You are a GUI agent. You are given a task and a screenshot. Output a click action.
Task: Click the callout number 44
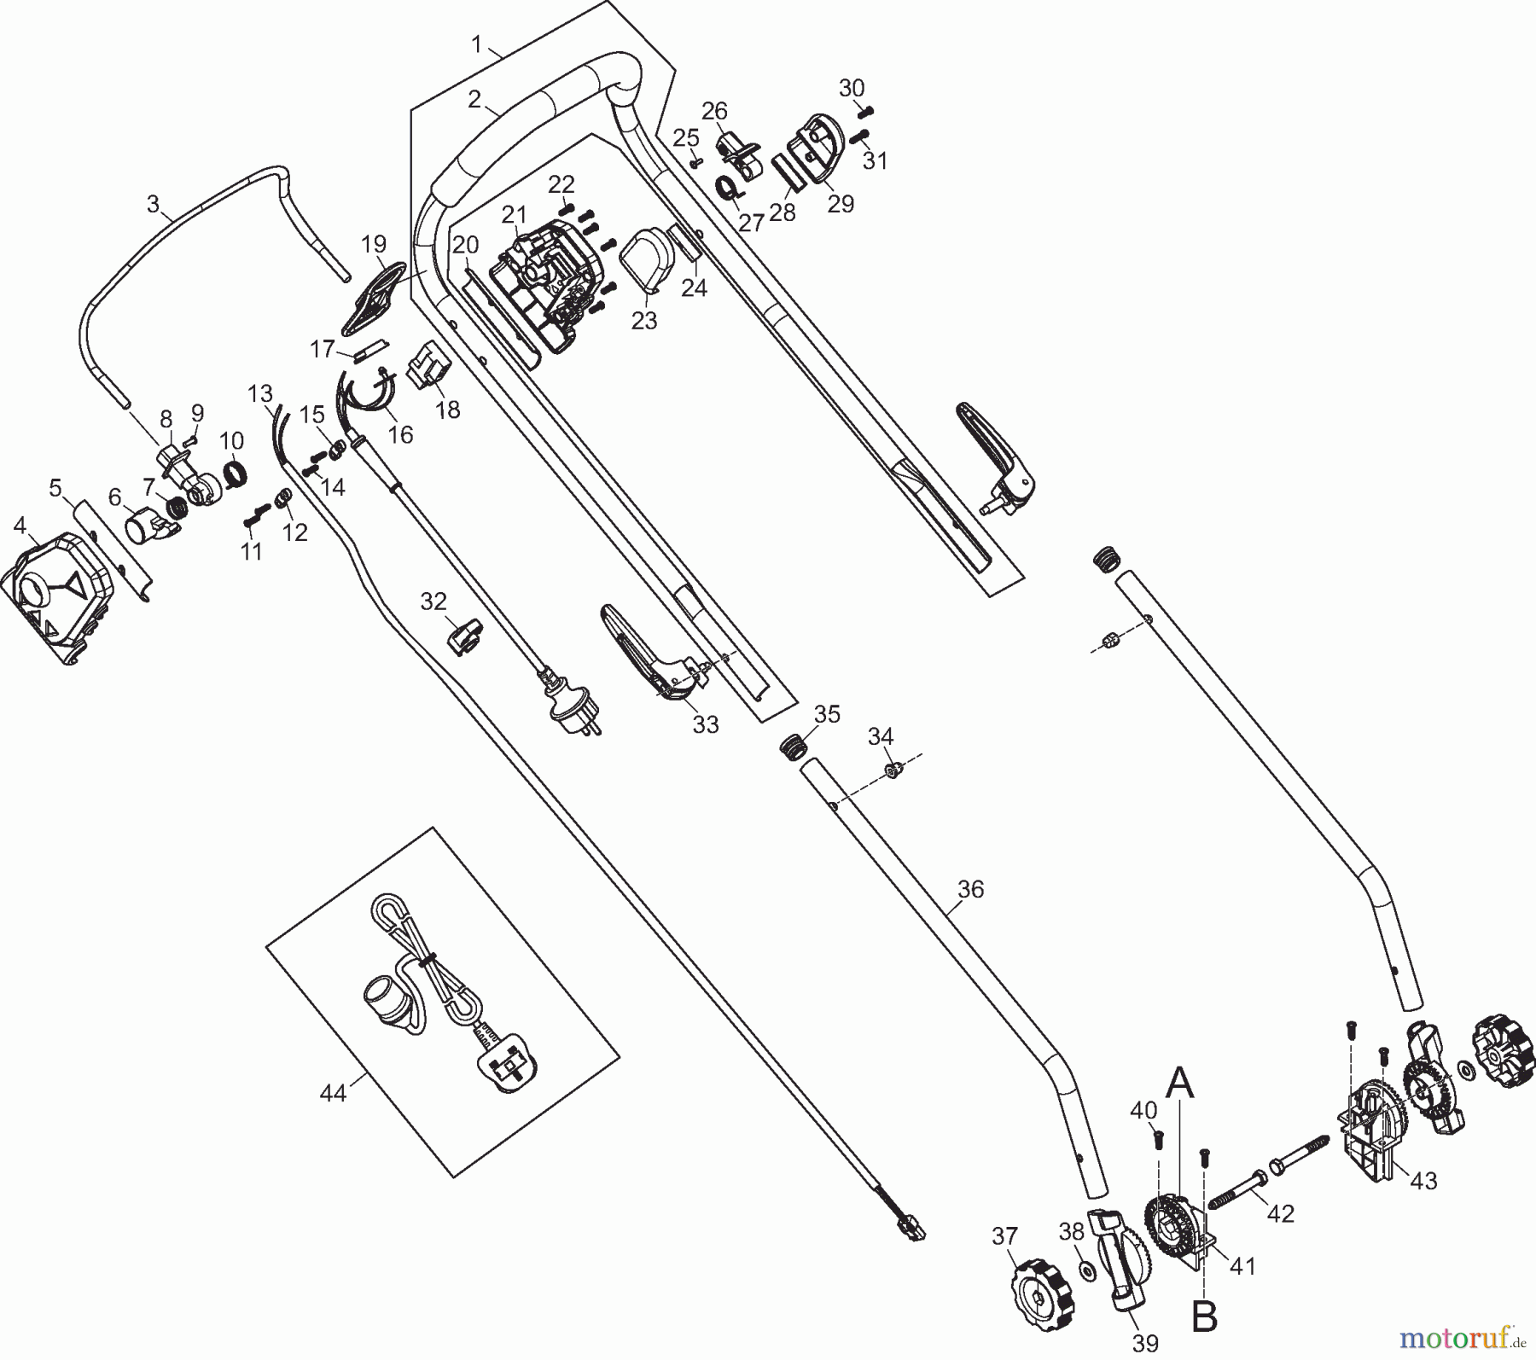[333, 1092]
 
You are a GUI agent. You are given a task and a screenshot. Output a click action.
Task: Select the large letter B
[1204, 1317]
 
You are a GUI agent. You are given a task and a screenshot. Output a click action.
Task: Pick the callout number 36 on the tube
[971, 889]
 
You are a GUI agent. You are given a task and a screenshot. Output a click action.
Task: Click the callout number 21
[515, 214]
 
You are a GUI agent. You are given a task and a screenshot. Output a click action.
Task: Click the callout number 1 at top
[477, 43]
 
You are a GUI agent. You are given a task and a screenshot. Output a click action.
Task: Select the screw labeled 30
[866, 109]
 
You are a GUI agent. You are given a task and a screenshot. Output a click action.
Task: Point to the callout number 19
[374, 244]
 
